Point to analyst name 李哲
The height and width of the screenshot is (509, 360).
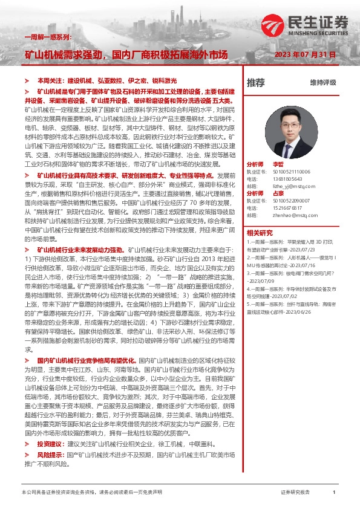click(x=278, y=164)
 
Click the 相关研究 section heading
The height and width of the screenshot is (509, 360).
click(x=260, y=232)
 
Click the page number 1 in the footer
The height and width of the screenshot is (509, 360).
click(x=334, y=493)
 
